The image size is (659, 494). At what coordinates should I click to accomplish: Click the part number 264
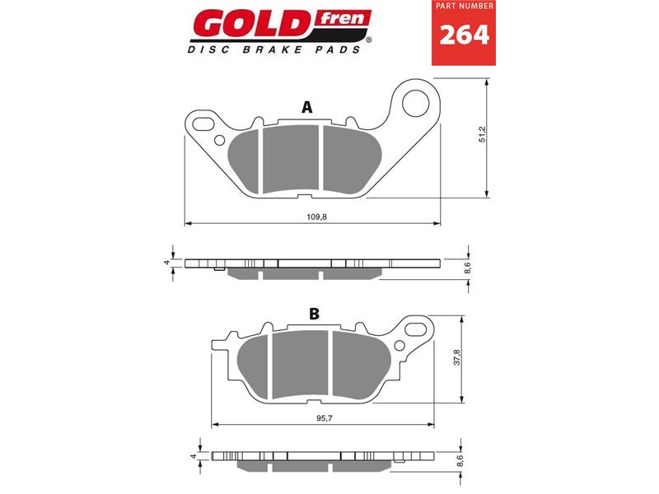pyautogui.click(x=464, y=35)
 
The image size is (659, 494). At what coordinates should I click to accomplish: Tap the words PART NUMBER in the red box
pyautogui.click(x=465, y=7)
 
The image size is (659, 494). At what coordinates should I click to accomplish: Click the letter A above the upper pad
pyautogui.click(x=307, y=108)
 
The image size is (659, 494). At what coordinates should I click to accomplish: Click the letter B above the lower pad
pyautogui.click(x=314, y=314)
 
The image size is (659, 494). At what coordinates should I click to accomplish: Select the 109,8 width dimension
pyautogui.click(x=316, y=217)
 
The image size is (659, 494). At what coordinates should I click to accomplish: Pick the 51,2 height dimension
pyautogui.click(x=482, y=134)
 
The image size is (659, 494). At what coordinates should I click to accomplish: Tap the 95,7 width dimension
pyautogui.click(x=321, y=418)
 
